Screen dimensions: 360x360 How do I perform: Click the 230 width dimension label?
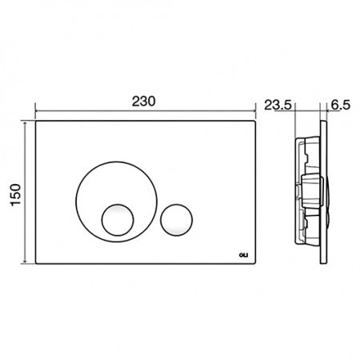click(143, 102)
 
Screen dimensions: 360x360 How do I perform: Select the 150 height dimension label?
click(16, 195)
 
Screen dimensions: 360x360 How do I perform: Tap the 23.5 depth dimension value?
click(278, 105)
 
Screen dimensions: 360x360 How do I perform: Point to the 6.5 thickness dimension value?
click(341, 105)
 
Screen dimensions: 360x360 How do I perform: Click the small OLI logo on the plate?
click(243, 255)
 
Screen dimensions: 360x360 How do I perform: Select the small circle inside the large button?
click(118, 220)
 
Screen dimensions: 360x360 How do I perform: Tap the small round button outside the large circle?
click(176, 220)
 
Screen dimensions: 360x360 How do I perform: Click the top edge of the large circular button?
click(117, 162)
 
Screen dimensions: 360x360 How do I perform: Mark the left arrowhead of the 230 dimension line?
click(37, 110)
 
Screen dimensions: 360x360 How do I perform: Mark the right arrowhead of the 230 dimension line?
click(254, 110)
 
